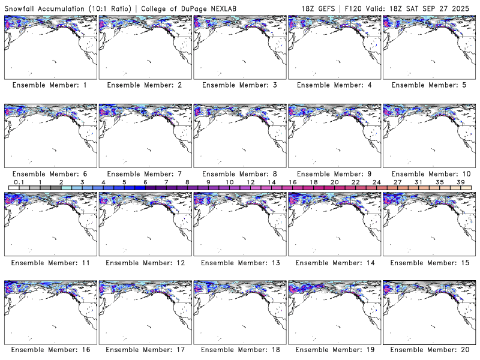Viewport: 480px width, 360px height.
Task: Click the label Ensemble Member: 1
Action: click(x=49, y=85)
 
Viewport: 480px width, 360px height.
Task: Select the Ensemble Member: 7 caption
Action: click(x=144, y=174)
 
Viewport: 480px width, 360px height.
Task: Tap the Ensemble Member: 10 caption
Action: click(x=428, y=174)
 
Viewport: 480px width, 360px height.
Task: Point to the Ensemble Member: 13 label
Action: click(x=239, y=263)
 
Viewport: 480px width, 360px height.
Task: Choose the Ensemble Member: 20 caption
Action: click(x=428, y=349)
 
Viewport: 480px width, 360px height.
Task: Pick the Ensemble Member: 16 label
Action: click(x=49, y=349)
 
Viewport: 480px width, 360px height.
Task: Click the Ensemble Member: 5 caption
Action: click(x=428, y=85)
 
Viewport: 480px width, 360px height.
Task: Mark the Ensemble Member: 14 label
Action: click(x=334, y=263)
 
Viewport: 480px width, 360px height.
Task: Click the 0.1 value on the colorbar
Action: click(x=19, y=182)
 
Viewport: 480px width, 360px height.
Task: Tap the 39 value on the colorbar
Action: click(x=461, y=182)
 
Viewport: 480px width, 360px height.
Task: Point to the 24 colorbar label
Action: click(x=376, y=182)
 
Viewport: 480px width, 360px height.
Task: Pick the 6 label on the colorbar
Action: click(x=145, y=182)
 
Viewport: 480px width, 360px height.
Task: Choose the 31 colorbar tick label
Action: click(x=418, y=182)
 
